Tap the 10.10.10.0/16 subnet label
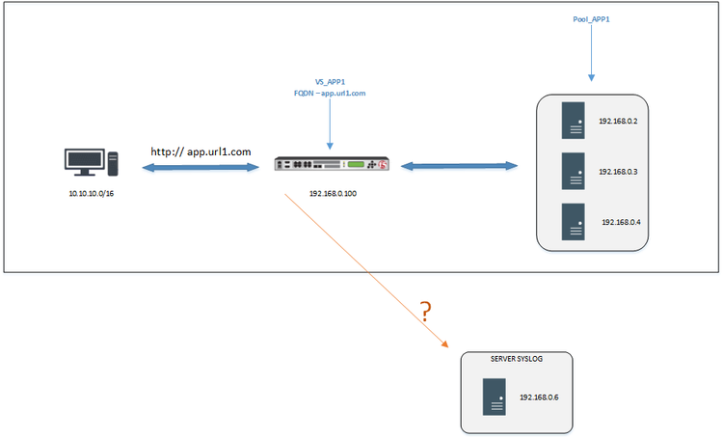point(92,194)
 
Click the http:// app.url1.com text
point(201,151)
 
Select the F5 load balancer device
point(331,165)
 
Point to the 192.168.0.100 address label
point(334,193)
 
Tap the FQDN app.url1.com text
point(330,94)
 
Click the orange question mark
point(424,311)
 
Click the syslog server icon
point(495,396)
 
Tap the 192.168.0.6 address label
point(539,397)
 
